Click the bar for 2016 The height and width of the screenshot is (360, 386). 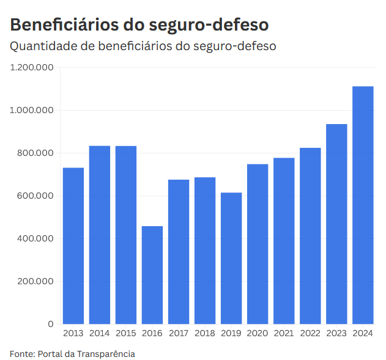152,275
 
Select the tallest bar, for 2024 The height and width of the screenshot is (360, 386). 363,205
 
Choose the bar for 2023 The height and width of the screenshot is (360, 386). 336,224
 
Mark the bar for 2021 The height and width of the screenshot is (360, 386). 284,241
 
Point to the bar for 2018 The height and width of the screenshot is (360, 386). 205,251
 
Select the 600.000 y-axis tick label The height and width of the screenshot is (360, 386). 35,196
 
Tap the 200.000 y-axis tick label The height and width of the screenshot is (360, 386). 35,281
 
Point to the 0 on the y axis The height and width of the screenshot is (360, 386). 51,324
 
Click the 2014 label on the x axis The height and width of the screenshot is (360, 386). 100,333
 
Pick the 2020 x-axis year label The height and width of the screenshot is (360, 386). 258,333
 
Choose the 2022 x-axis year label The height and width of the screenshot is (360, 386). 310,333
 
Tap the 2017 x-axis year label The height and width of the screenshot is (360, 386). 179,333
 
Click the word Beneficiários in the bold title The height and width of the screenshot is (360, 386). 61,24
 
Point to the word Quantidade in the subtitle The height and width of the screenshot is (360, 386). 43,46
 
